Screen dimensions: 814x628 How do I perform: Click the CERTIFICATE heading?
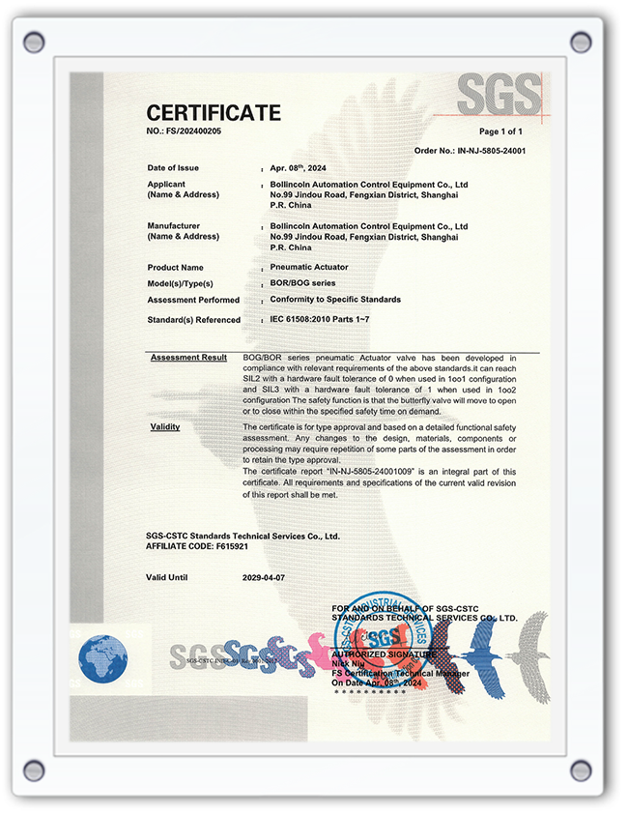[x=214, y=112]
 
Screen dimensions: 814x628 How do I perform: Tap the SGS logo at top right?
[x=499, y=95]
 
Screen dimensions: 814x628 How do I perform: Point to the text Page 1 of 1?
[x=500, y=131]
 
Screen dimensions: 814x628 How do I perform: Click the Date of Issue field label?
[x=175, y=168]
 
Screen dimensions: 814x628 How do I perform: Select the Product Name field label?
[x=175, y=267]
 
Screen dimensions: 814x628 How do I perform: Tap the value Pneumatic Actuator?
[x=309, y=267]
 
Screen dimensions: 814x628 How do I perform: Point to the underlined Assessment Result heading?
[x=188, y=358]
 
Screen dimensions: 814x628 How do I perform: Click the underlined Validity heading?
[x=165, y=426]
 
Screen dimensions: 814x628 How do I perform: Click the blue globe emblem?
[x=102, y=658]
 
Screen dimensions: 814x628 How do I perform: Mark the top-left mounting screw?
[x=34, y=42]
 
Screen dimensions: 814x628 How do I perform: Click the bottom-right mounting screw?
[x=581, y=770]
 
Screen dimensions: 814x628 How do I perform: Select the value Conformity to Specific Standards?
[x=335, y=300]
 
